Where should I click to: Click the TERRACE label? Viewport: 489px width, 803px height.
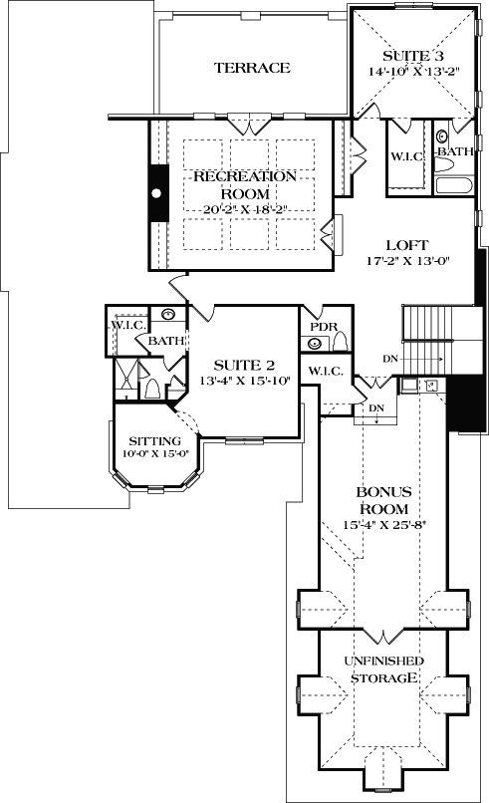point(252,68)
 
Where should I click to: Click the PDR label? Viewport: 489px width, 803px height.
point(323,327)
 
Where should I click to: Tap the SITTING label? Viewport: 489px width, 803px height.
point(154,441)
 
